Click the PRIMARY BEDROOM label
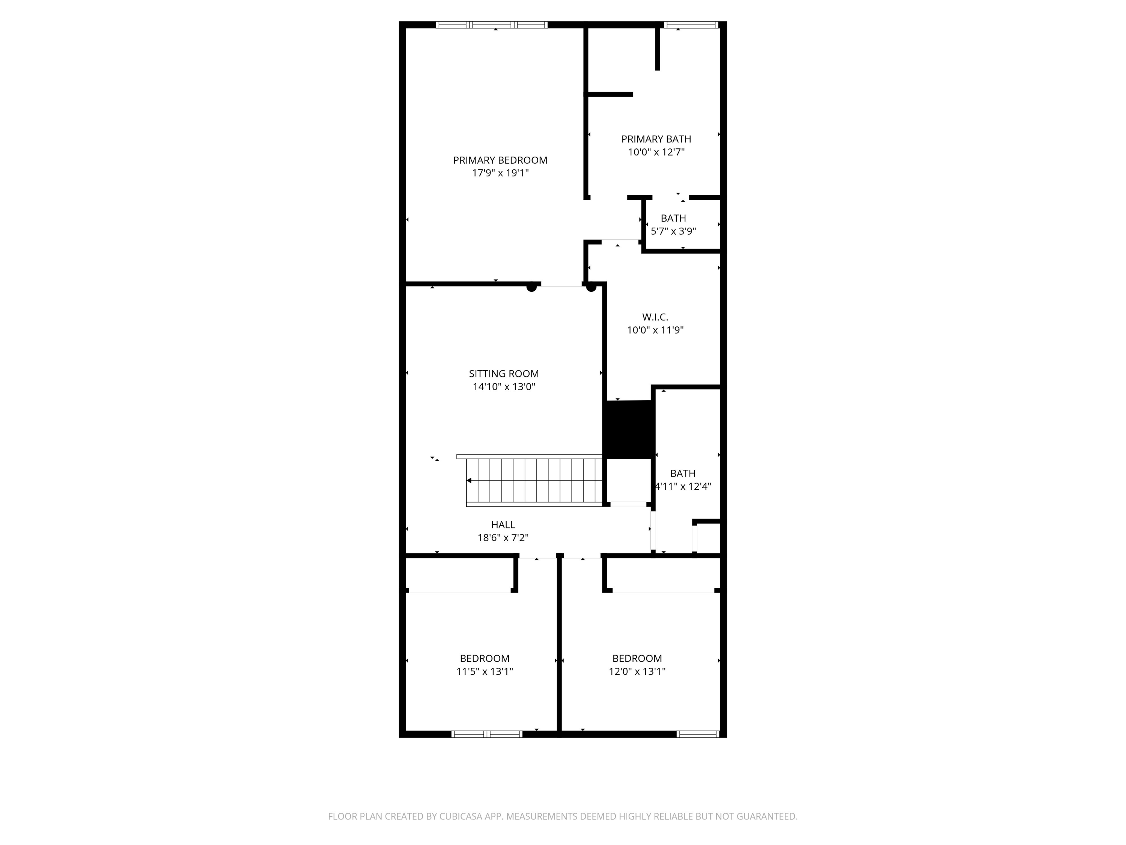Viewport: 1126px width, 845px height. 500,160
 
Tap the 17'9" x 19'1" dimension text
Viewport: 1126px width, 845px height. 500,173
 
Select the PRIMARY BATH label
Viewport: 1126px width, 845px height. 656,139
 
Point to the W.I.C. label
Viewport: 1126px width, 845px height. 655,317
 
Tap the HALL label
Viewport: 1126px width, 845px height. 503,524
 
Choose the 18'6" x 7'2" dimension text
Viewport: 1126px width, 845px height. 503,537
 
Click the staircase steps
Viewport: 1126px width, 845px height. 534,480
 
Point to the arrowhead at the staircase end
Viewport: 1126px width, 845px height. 469,480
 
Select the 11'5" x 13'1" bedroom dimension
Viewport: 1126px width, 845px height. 485,671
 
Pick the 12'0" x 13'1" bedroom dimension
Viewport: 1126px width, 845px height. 637,671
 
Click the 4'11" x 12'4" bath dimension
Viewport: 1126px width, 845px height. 683,486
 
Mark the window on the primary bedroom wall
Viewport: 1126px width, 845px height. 491,24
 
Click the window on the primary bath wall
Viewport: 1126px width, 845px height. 691,24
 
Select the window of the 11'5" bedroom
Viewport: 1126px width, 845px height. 487,734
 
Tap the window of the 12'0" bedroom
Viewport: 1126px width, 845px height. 697,734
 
